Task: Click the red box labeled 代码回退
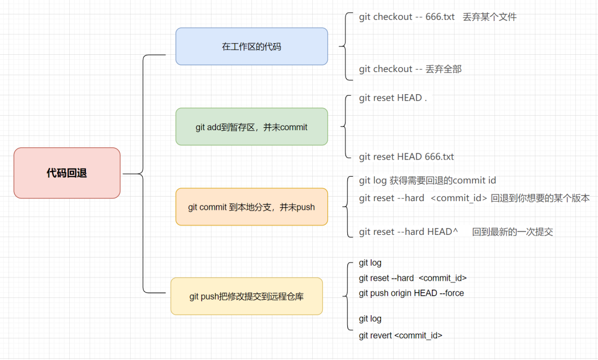66,173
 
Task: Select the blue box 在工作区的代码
251,47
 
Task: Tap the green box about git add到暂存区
251,127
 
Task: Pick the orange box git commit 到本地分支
251,207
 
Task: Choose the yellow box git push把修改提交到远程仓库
246,296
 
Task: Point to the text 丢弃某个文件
489,17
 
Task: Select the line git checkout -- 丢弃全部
410,69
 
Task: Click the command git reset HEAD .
393,98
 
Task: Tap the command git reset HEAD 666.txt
406,157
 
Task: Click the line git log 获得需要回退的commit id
427,181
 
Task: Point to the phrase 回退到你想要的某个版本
540,198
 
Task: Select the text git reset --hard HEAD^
408,232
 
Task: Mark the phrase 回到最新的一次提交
512,232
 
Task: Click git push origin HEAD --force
411,293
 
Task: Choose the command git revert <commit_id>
400,335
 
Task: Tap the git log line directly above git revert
370,319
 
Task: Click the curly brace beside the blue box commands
344,43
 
